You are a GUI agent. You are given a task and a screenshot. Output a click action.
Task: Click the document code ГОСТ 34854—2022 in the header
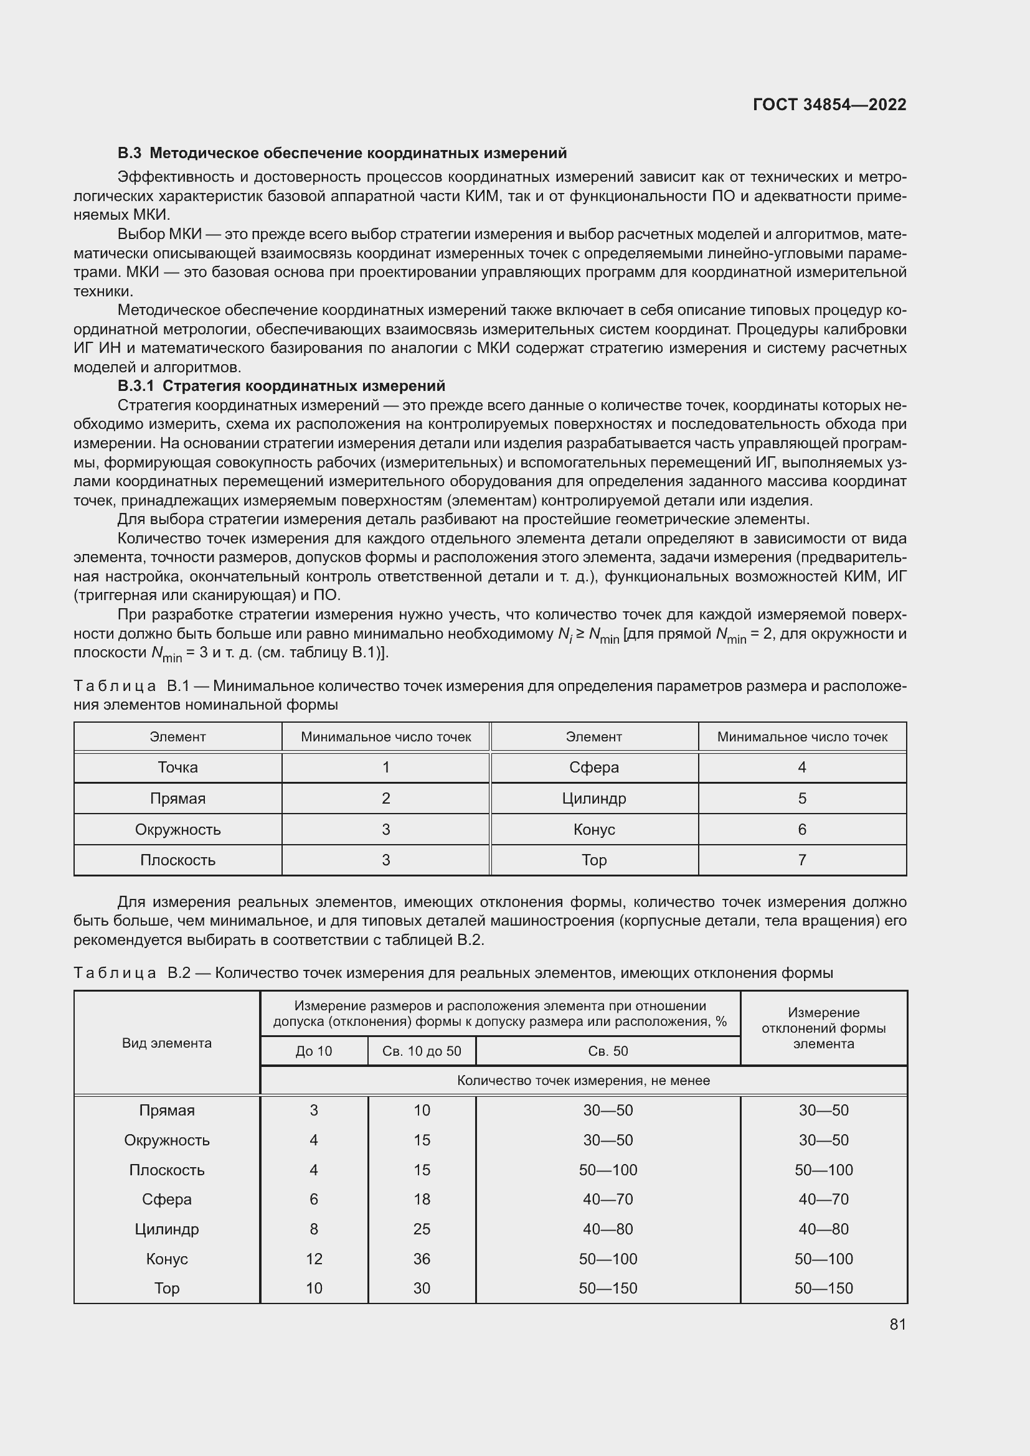point(829,105)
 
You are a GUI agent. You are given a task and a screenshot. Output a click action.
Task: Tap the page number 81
point(897,1324)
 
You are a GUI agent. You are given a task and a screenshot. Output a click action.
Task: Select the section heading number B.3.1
point(136,385)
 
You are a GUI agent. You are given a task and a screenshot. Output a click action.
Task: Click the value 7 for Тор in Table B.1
point(801,860)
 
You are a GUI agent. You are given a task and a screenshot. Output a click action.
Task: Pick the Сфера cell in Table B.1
point(593,768)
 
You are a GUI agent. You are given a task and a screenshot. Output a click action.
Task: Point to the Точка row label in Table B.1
point(177,768)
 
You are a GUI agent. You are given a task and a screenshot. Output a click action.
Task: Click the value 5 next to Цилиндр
point(801,799)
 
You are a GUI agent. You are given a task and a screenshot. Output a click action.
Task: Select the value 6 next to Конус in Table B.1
point(801,829)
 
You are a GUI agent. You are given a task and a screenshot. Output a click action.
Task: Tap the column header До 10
point(313,1051)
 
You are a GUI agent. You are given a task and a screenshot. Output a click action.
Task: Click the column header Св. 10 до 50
point(422,1051)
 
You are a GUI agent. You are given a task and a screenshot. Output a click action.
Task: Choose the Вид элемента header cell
point(167,1043)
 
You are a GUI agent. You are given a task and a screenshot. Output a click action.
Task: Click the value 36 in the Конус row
point(422,1259)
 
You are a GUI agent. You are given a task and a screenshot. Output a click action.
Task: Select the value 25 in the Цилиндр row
point(422,1229)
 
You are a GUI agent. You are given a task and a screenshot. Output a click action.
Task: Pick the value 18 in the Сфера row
point(422,1199)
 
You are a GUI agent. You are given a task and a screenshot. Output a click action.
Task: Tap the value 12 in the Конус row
point(314,1259)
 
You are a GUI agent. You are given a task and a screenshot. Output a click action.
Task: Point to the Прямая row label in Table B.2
point(167,1111)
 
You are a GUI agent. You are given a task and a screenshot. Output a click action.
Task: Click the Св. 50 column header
point(608,1051)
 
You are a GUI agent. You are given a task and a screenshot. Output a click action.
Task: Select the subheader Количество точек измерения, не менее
point(583,1081)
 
